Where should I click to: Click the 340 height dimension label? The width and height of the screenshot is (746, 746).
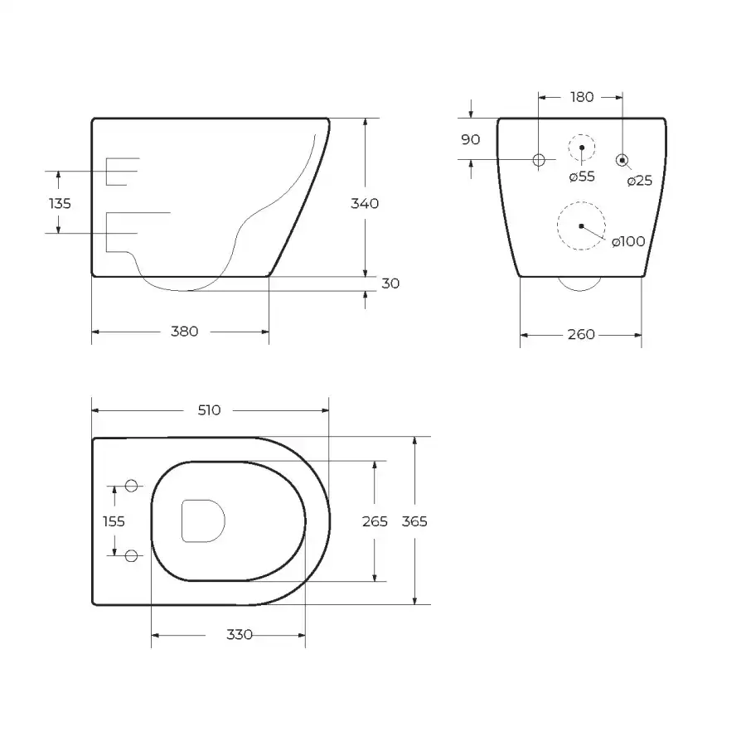point(365,204)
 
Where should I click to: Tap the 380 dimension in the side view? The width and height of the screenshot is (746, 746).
point(185,331)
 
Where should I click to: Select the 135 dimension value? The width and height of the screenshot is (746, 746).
point(60,204)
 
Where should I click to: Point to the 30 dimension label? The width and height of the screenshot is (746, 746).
point(390,283)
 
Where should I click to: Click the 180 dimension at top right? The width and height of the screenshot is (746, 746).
point(582,97)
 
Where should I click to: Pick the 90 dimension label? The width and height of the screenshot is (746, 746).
point(471,139)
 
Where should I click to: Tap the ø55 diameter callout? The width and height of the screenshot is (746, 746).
point(582,177)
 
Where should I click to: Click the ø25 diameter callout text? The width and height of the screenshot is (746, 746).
point(639,181)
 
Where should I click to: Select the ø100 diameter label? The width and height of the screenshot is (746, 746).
point(628,242)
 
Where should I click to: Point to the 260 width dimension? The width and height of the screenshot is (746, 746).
point(581,335)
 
